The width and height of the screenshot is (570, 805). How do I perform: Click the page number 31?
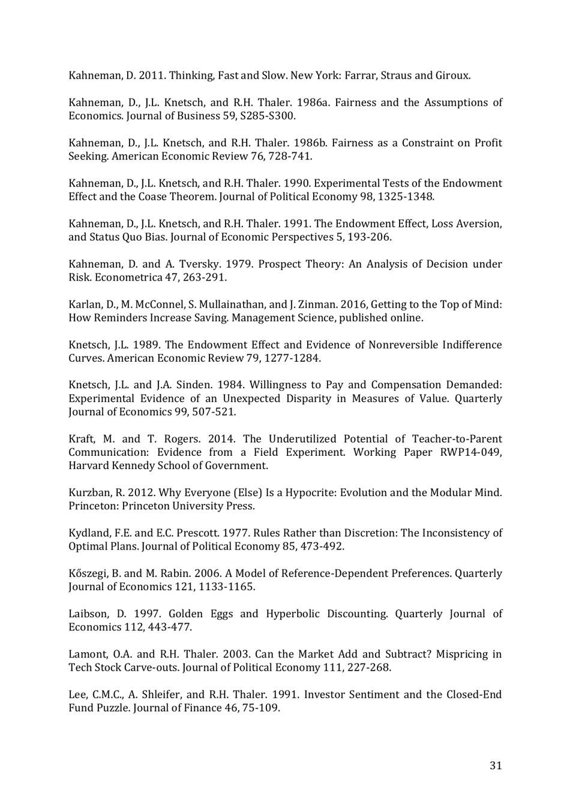tap(496, 765)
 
